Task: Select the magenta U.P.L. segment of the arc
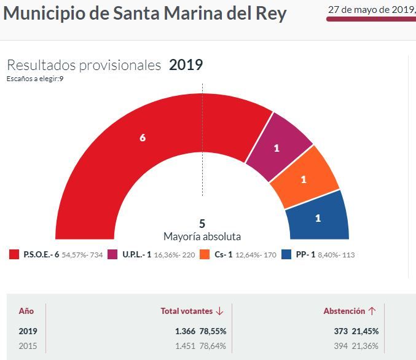280,144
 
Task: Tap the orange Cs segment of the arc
305,178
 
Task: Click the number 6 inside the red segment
143,138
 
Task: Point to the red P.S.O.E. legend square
14,254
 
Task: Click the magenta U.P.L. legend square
112,254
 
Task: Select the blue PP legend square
286,254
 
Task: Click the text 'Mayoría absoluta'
202,237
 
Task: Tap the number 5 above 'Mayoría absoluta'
202,224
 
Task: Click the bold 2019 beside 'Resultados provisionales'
186,65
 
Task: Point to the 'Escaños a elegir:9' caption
36,79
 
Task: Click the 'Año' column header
26,311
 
